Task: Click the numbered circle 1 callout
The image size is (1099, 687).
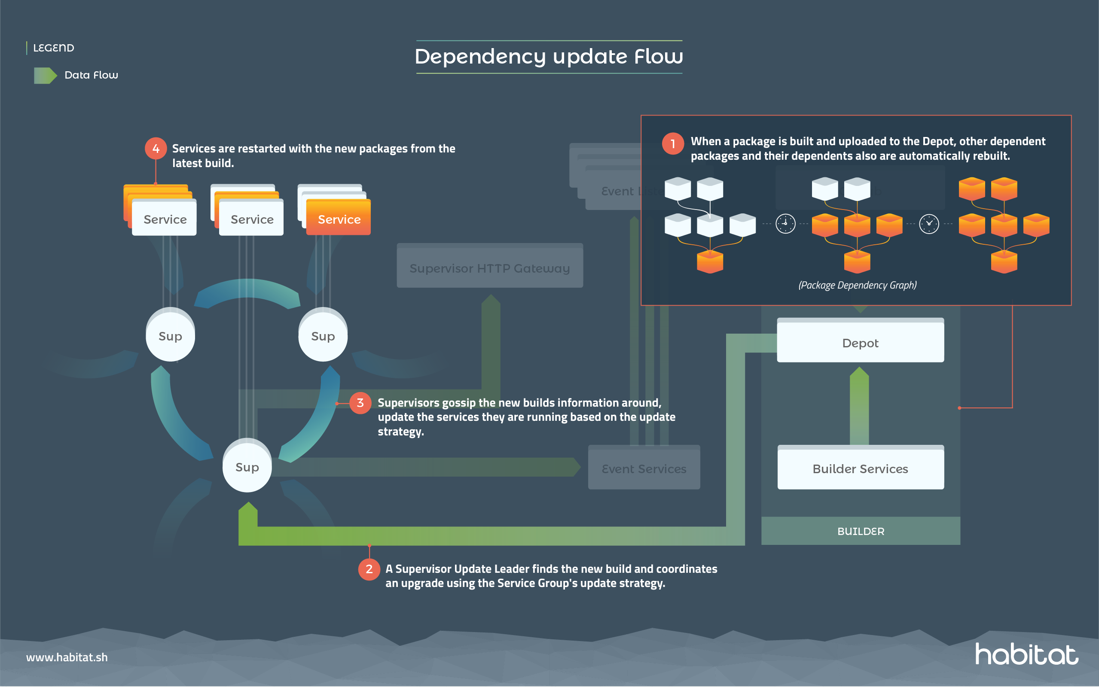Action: pyautogui.click(x=673, y=144)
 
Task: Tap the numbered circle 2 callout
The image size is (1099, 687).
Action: pyautogui.click(x=369, y=569)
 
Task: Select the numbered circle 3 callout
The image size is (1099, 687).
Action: pyautogui.click(x=360, y=403)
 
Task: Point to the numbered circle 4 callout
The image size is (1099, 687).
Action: pyautogui.click(x=156, y=149)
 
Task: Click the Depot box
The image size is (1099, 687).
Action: pyautogui.click(x=860, y=343)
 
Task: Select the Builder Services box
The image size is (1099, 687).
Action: pyautogui.click(x=860, y=468)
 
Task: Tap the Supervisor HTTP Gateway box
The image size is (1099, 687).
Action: pyautogui.click(x=489, y=268)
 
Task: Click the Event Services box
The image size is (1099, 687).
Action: pyautogui.click(x=644, y=468)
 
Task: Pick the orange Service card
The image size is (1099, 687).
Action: pyautogui.click(x=339, y=219)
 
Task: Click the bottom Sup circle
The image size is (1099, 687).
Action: pyautogui.click(x=247, y=467)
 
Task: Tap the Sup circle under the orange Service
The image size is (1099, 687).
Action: pyautogui.click(x=323, y=336)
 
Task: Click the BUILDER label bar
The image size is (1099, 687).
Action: pyautogui.click(x=861, y=531)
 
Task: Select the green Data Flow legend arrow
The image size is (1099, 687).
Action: pyautogui.click(x=45, y=76)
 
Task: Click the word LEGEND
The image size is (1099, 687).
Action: pyautogui.click(x=54, y=48)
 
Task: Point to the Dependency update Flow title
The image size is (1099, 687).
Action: pyautogui.click(x=549, y=57)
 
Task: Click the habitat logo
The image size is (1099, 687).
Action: pyautogui.click(x=1026, y=655)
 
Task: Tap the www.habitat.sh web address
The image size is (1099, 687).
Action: pyautogui.click(x=67, y=657)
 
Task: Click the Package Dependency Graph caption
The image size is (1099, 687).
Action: pyautogui.click(x=857, y=285)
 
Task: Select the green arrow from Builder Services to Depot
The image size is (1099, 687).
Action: pyautogui.click(x=859, y=406)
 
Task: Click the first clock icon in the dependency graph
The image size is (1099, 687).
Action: pyautogui.click(x=785, y=224)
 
